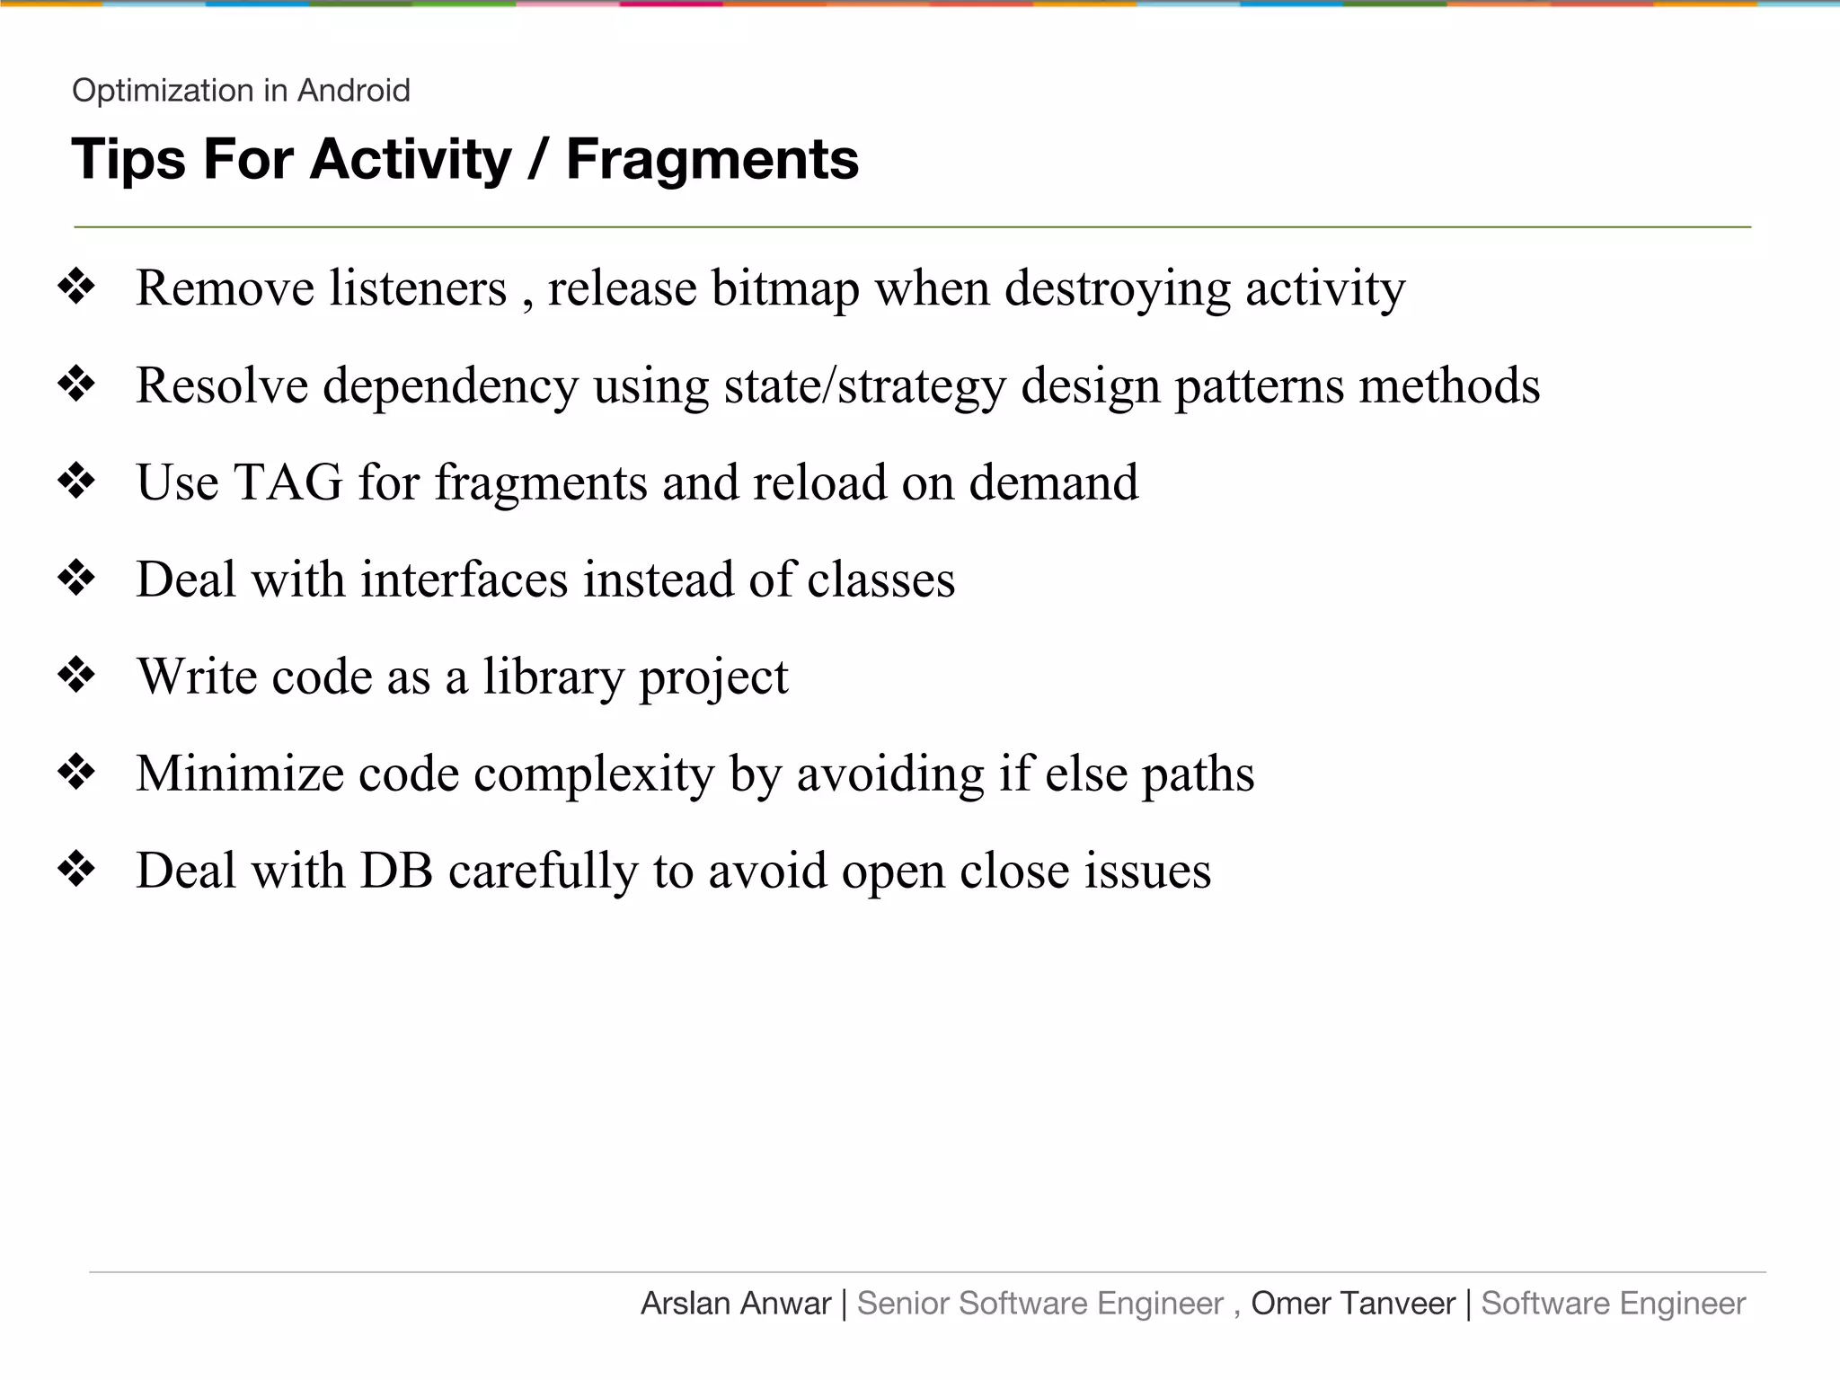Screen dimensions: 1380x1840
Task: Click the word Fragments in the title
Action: tap(712, 160)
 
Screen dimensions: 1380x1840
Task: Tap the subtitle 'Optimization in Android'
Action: tap(241, 91)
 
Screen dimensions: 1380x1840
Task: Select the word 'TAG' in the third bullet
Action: tap(288, 482)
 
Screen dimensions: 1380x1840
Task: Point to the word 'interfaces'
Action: tap(464, 579)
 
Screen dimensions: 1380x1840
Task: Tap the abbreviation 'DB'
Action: tap(396, 871)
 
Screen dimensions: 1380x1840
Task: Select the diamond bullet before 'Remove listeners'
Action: tap(76, 287)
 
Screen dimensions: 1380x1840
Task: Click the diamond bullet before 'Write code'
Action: tap(76, 676)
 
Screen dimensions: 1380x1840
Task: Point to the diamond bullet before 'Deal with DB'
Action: tap(76, 870)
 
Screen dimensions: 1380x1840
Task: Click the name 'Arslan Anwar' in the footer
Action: tap(735, 1304)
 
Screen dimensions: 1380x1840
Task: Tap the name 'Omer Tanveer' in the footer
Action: tap(1352, 1304)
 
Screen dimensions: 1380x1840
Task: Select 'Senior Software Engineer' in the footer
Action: tap(1039, 1304)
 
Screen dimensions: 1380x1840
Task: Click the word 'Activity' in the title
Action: tap(411, 160)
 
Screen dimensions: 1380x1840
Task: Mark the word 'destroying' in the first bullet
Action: tap(1117, 289)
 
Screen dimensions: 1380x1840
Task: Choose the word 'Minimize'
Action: tap(240, 774)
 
